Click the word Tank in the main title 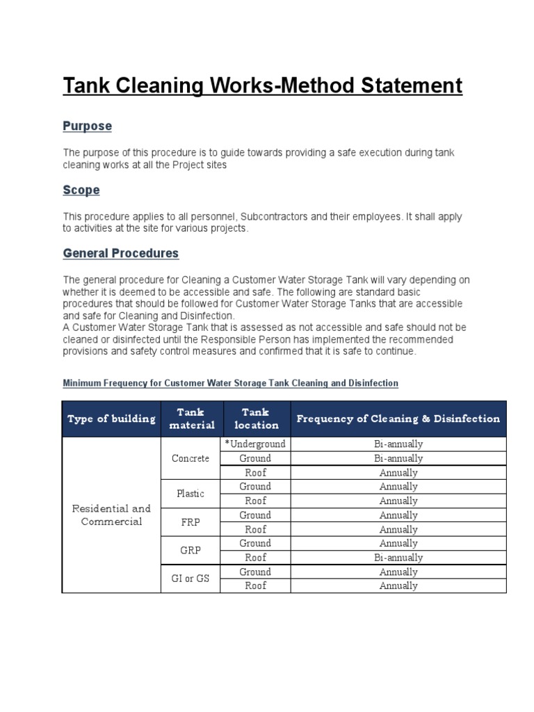pyautogui.click(x=87, y=86)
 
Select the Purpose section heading pyautogui.click(x=87, y=127)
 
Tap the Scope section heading pyautogui.click(x=81, y=190)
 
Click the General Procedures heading pyautogui.click(x=121, y=253)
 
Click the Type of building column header pyautogui.click(x=111, y=419)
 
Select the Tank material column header pyautogui.click(x=191, y=419)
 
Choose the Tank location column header pyautogui.click(x=256, y=419)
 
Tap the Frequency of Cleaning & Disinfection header pyautogui.click(x=398, y=419)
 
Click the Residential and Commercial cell pyautogui.click(x=111, y=515)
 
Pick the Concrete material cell pyautogui.click(x=191, y=458)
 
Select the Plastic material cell pyautogui.click(x=191, y=494)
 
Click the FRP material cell pyautogui.click(x=191, y=522)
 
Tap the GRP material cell pyautogui.click(x=191, y=550)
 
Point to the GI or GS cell pyautogui.click(x=191, y=578)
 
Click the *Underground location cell pyautogui.click(x=255, y=444)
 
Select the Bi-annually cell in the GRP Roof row pyautogui.click(x=398, y=558)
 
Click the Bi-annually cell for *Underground pyautogui.click(x=398, y=444)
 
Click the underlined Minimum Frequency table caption pyautogui.click(x=230, y=383)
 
